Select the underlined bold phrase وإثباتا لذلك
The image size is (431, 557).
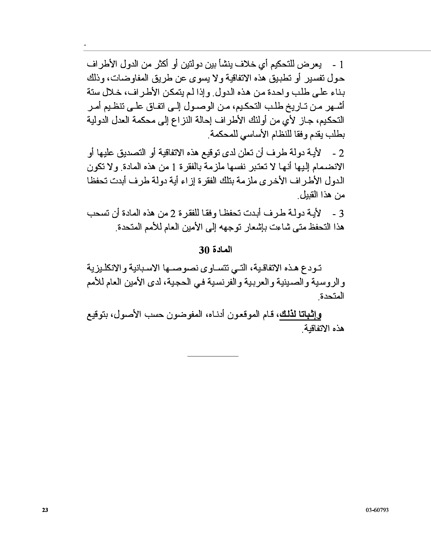(301, 315)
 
